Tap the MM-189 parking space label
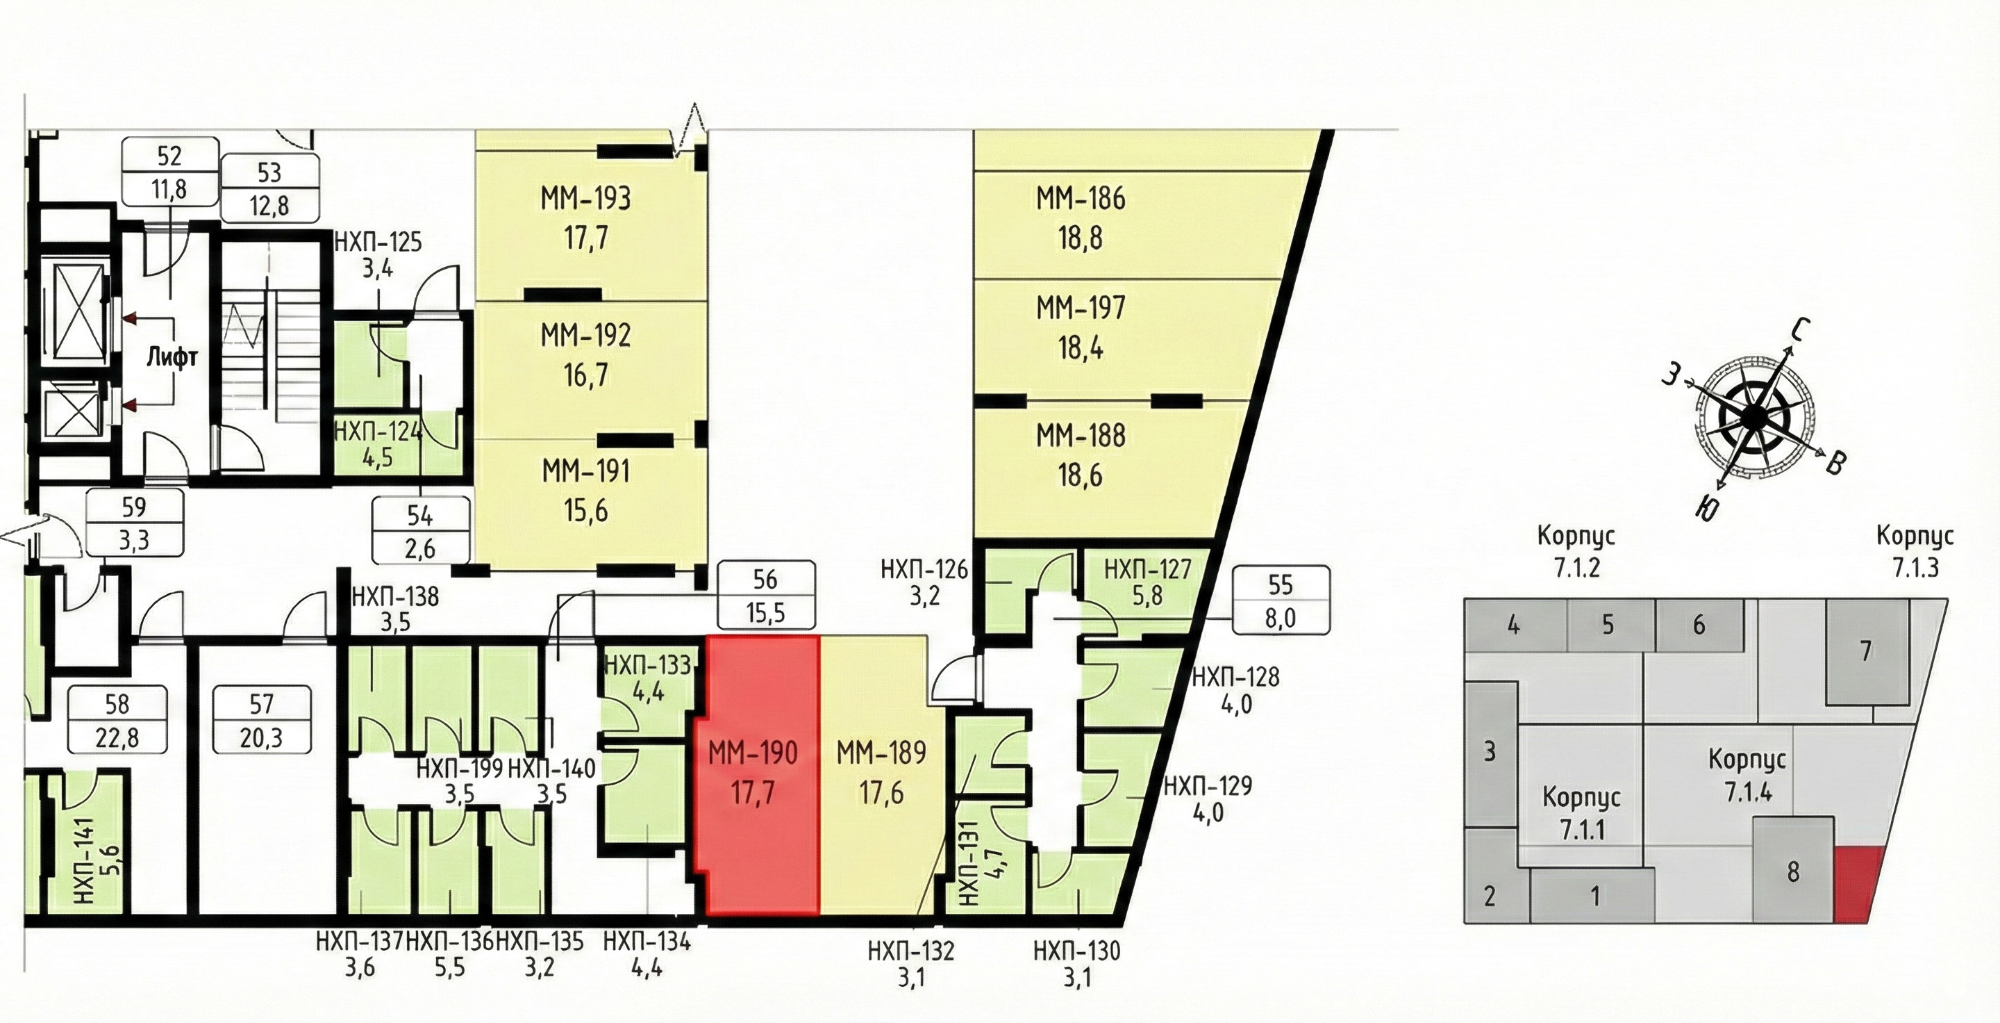point(881,753)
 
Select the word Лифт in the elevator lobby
point(172,357)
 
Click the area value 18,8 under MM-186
point(1080,238)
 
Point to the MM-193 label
point(585,199)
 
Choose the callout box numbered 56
point(765,595)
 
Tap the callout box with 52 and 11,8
point(169,172)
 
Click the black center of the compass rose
point(1751,418)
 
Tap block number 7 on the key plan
point(1867,651)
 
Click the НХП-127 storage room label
point(1147,570)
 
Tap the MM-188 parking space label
point(1080,436)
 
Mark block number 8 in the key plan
point(1792,871)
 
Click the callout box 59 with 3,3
point(134,523)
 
